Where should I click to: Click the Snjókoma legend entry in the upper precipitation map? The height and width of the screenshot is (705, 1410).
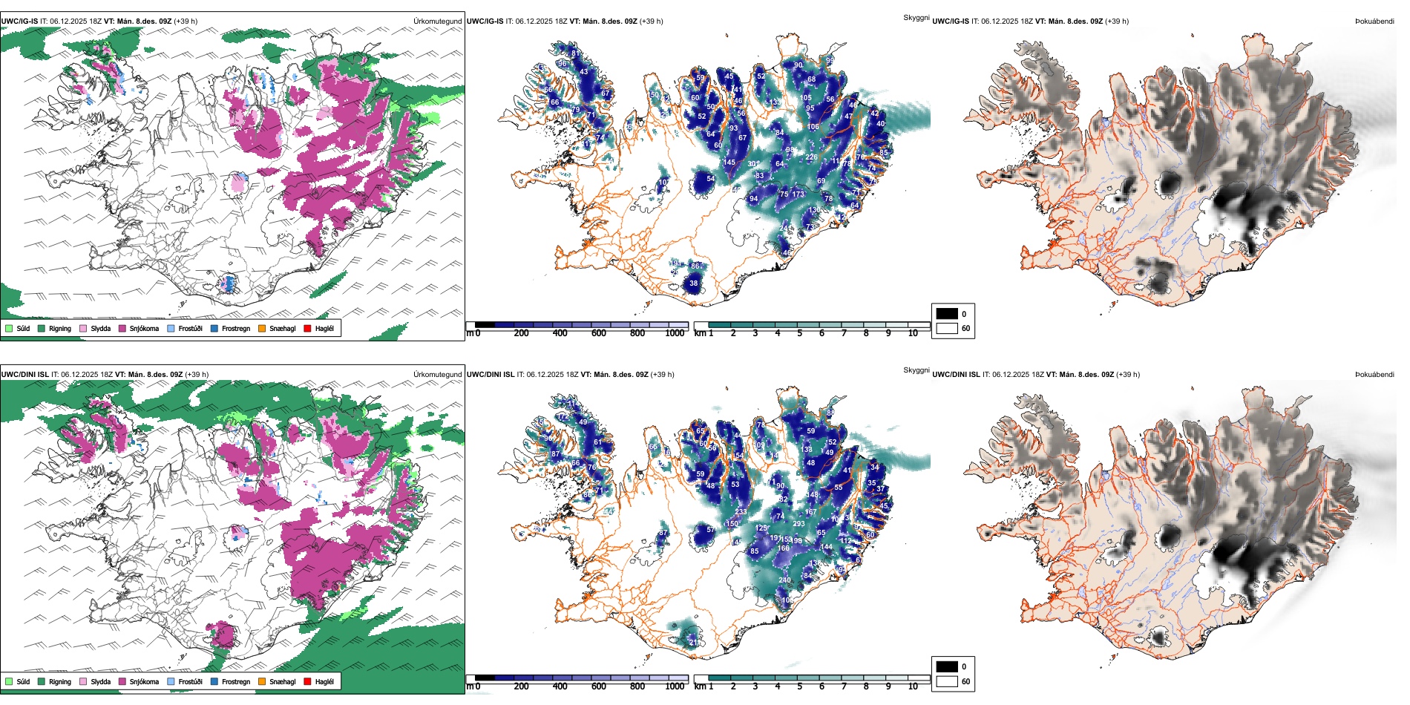(144, 328)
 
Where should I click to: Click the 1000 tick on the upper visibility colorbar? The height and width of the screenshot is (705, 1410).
(675, 333)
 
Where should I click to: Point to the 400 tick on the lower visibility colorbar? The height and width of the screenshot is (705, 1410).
(560, 686)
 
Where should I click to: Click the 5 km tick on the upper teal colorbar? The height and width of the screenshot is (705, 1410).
(799, 333)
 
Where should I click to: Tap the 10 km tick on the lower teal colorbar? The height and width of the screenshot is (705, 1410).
(913, 686)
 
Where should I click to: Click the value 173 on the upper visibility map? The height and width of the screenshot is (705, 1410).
(798, 194)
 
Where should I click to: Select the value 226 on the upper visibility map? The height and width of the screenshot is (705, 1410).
(811, 157)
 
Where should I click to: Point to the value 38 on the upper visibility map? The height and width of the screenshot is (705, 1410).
(693, 283)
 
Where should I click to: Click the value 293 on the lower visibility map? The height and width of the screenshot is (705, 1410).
(799, 524)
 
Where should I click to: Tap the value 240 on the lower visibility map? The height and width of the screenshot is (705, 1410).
(784, 580)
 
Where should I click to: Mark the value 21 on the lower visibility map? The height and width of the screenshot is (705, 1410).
(693, 640)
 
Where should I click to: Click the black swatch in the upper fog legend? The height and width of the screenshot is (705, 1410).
(947, 313)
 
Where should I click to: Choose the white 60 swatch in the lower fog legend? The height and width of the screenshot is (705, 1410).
(947, 681)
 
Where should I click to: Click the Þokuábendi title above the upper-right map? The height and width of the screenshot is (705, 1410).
(1374, 22)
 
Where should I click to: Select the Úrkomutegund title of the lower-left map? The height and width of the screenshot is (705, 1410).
(437, 375)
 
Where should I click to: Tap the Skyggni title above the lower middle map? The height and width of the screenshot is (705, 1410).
(916, 370)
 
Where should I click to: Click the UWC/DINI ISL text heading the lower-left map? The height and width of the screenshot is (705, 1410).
(24, 375)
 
